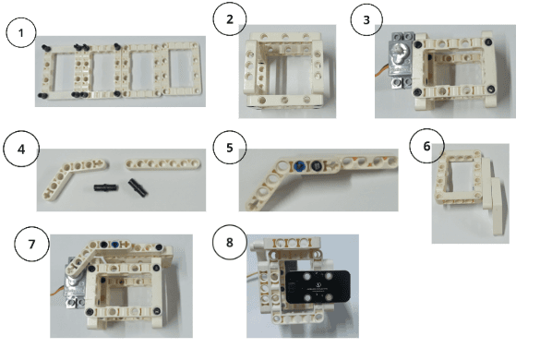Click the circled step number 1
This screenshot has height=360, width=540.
21,32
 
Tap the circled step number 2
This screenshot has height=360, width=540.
230,19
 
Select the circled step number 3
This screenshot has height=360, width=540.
366,19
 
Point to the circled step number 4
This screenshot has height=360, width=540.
21,150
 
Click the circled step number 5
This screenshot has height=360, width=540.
230,148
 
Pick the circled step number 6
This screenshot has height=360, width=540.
426,146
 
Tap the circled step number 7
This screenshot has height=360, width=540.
31,244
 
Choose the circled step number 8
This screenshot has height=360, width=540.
230,242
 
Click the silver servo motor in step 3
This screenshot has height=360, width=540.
401,60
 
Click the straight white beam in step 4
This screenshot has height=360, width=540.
162,163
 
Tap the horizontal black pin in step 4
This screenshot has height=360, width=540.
106,187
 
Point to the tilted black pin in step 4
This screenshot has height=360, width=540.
138,187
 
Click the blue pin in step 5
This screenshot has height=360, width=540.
299,166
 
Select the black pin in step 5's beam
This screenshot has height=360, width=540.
316,166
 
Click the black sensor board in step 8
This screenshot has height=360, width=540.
318,287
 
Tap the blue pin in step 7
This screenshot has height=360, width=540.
115,245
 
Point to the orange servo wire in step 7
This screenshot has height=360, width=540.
57,292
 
